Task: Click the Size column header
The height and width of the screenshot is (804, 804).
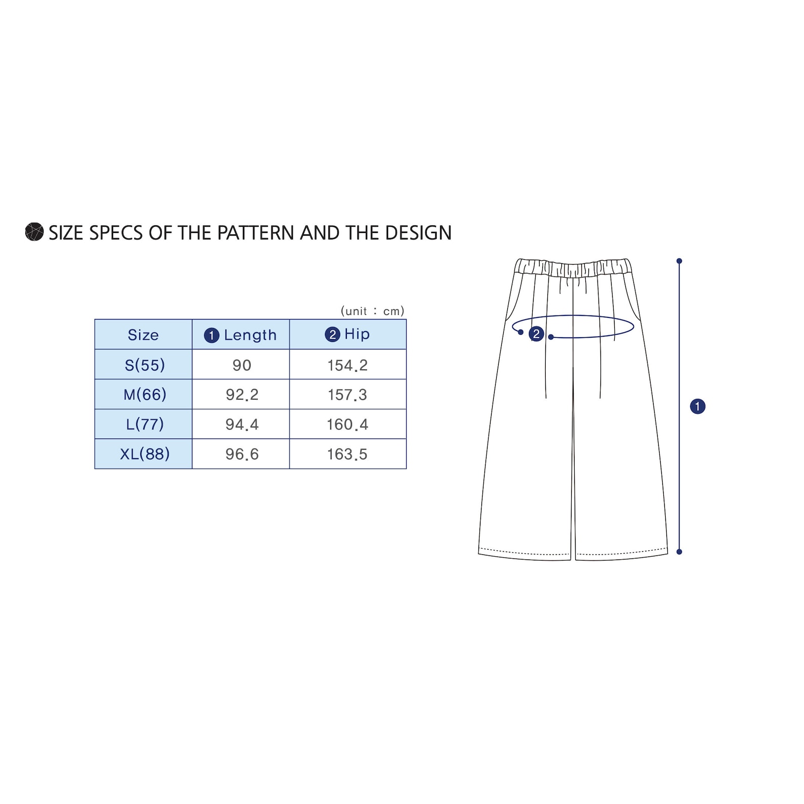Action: pyautogui.click(x=143, y=335)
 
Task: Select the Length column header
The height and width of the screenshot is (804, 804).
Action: pyautogui.click(x=241, y=335)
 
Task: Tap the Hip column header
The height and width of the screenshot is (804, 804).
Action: pyautogui.click(x=348, y=334)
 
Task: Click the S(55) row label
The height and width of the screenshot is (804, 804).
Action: pyautogui.click(x=145, y=365)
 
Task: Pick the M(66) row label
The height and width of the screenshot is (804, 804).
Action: pyautogui.click(x=145, y=394)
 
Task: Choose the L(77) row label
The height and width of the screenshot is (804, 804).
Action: pyautogui.click(x=145, y=424)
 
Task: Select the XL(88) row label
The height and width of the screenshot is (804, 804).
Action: pyautogui.click(x=145, y=454)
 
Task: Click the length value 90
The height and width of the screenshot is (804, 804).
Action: pyautogui.click(x=242, y=365)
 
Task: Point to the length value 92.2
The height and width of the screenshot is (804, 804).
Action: pyautogui.click(x=242, y=395)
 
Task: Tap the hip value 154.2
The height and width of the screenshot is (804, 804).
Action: pyautogui.click(x=347, y=365)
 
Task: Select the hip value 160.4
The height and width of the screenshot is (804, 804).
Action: pyautogui.click(x=347, y=424)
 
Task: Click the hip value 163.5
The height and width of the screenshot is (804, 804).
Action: pyautogui.click(x=347, y=454)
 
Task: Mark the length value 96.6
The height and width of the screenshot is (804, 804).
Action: pyautogui.click(x=242, y=454)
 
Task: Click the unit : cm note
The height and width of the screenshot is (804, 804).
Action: pyautogui.click(x=373, y=310)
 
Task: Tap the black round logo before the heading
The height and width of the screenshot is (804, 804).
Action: pyautogui.click(x=34, y=232)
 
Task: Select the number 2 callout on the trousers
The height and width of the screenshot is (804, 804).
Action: pyautogui.click(x=536, y=334)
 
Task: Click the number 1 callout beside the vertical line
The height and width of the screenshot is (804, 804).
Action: pyautogui.click(x=698, y=406)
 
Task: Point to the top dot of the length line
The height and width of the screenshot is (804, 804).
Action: pyautogui.click(x=679, y=261)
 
